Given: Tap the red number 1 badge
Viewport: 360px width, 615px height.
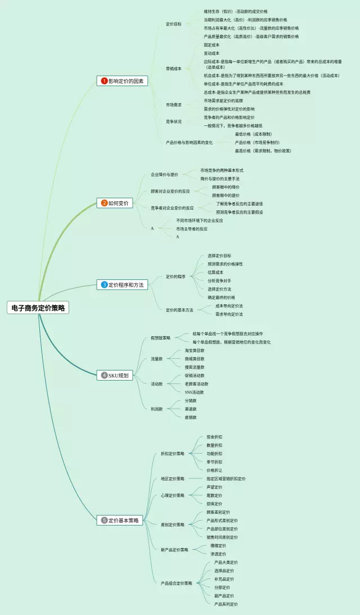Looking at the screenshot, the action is pos(104,81).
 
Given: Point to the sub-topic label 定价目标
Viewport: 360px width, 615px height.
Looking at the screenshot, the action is pos(174,24).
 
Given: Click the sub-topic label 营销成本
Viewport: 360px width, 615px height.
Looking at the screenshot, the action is pos(174,69).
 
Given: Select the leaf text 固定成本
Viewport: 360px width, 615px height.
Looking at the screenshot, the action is pos(211,45).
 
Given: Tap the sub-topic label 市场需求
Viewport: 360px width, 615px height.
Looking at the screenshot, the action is pos(174,105).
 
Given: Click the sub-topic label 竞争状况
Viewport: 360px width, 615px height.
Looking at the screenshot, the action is pos(174,121).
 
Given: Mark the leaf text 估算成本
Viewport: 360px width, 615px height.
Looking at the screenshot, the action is pos(215,272).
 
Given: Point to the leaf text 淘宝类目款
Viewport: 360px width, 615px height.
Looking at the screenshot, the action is pos(195,350).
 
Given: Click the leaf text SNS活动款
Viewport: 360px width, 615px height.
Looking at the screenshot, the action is pos(194,392).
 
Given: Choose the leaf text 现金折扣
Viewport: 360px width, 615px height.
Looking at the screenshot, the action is pos(214,437).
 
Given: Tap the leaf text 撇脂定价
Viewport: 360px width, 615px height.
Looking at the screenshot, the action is pos(218,545).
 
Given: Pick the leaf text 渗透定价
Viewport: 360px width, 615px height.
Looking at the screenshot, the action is pos(218,554).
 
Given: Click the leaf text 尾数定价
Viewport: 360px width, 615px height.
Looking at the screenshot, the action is pos(214,495).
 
